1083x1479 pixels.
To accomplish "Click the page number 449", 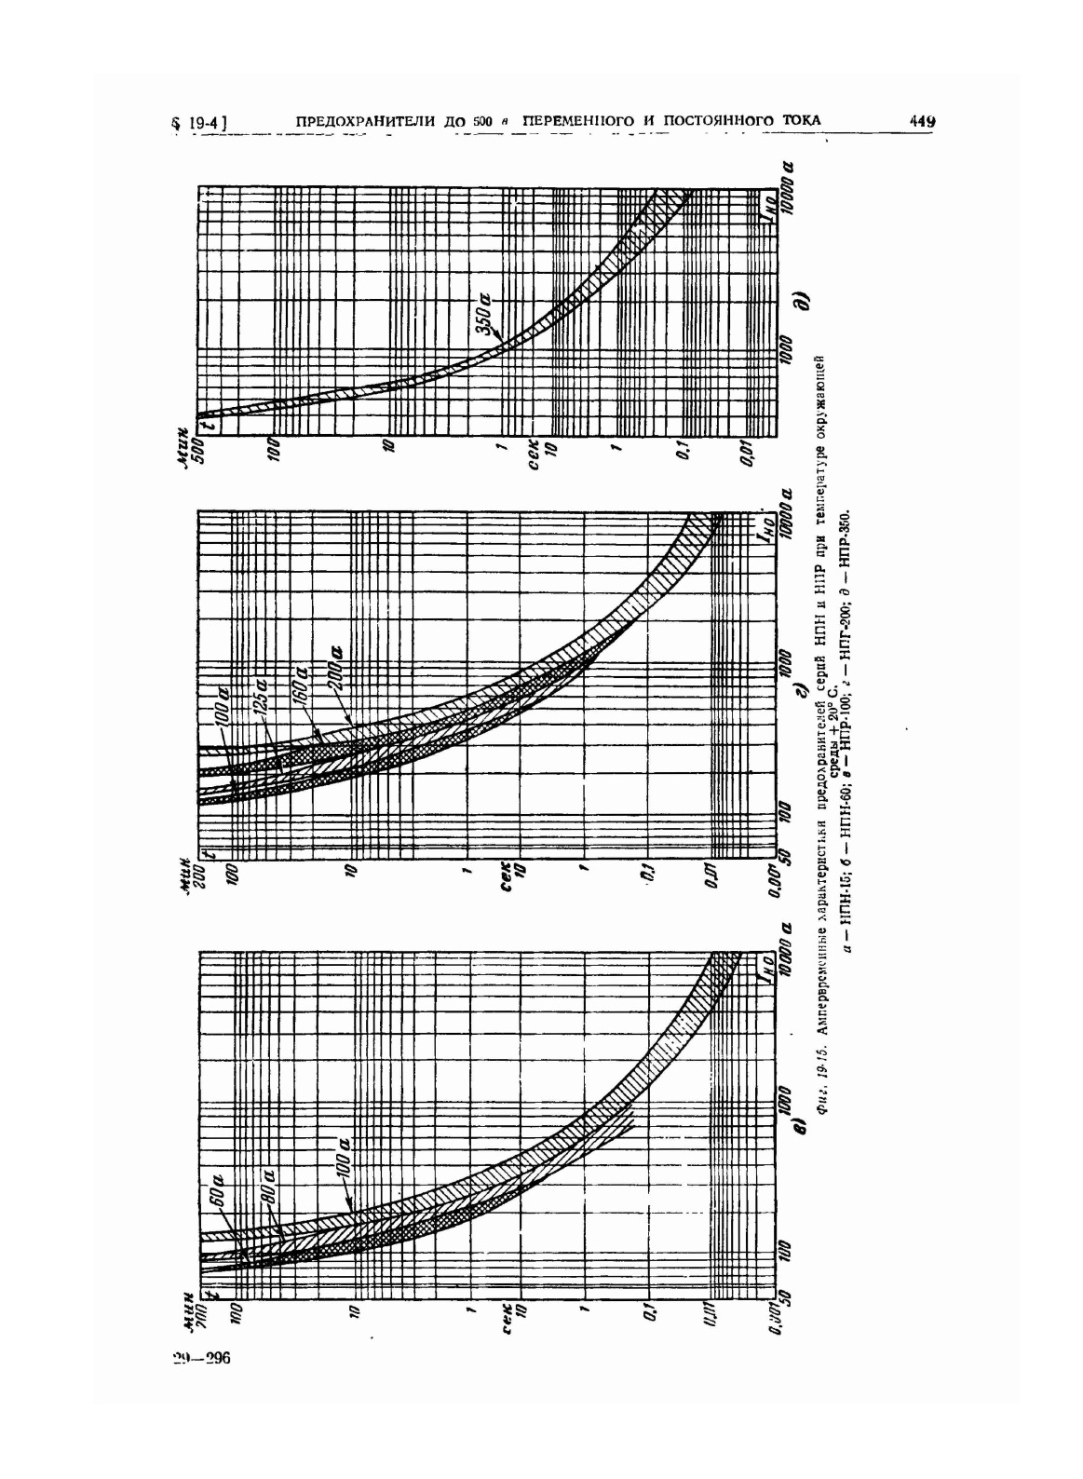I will pyautogui.click(x=922, y=121).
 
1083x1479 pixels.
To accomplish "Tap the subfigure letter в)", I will pyautogui.click(x=797, y=1131).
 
